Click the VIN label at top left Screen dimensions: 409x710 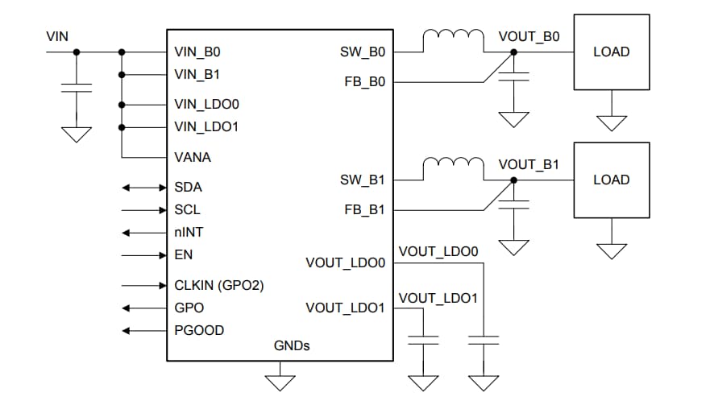pos(57,36)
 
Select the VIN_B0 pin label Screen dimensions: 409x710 pos(197,52)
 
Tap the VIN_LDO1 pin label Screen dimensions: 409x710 pos(206,126)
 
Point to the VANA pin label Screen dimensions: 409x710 pos(192,157)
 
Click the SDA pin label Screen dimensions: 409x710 pos(188,187)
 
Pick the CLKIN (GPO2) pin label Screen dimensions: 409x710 pos(218,285)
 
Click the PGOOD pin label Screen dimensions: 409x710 pos(199,330)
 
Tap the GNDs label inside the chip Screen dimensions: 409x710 pos(292,345)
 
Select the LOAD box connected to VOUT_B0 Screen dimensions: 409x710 pos(611,52)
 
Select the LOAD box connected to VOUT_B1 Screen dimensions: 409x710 pos(611,180)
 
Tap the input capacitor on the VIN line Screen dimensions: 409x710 pos(77,86)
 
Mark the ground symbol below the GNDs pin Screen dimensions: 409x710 pos(280,381)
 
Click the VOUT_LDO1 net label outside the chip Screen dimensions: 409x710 pos(438,298)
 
